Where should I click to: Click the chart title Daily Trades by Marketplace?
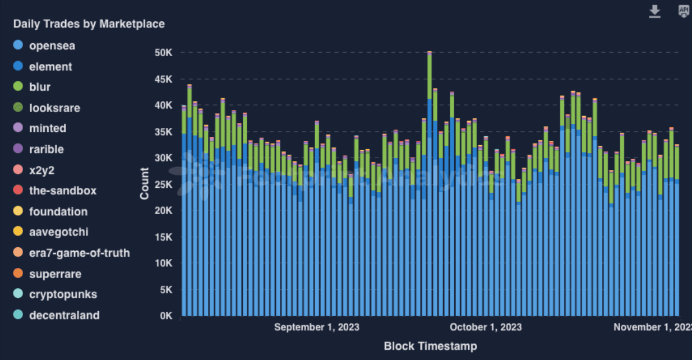tap(89, 24)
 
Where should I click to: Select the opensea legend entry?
tap(52, 45)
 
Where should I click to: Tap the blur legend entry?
tap(39, 87)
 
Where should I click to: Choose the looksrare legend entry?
tap(54, 108)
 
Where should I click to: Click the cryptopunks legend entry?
tap(63, 294)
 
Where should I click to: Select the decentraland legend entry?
tap(64, 315)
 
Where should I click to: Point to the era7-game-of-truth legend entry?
tap(79, 253)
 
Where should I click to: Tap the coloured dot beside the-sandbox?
tap(18, 191)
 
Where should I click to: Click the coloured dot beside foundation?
tap(18, 211)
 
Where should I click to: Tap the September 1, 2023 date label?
tap(316, 327)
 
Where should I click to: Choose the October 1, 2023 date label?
tap(486, 327)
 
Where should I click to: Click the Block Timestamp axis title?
tap(430, 346)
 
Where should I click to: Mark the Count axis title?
tap(145, 184)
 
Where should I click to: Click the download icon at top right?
tap(654, 11)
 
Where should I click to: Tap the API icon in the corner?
tap(684, 11)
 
